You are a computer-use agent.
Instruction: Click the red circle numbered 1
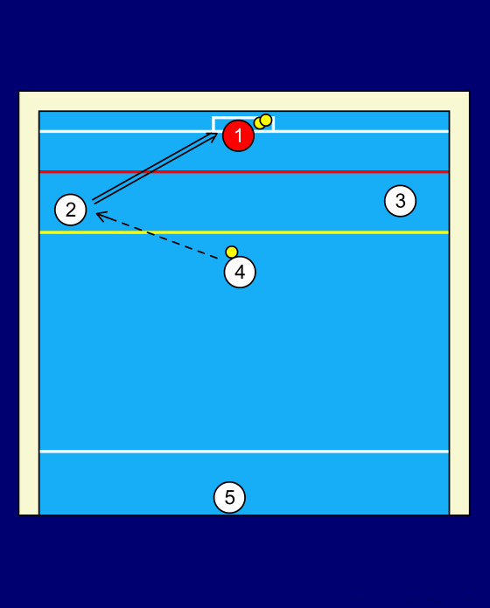point(238,135)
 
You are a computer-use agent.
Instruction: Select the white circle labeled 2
point(70,210)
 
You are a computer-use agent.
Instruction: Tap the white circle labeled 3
point(400,201)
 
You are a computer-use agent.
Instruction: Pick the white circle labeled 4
point(240,272)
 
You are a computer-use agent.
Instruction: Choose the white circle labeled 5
point(229,497)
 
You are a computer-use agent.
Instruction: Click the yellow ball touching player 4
point(231,252)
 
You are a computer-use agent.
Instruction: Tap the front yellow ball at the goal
point(266,120)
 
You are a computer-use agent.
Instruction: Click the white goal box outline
point(213,123)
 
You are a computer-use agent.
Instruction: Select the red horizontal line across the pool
point(244,171)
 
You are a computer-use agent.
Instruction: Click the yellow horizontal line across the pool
point(244,232)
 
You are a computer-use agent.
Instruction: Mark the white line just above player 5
point(244,452)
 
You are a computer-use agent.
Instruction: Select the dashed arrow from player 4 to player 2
point(157,235)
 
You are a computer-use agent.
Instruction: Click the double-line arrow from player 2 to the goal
point(155,168)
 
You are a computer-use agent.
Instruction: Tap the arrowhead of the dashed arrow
point(100,216)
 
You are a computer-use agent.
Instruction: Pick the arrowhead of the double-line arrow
point(213,135)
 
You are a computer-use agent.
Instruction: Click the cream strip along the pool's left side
point(29,303)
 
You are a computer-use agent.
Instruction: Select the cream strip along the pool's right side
point(459,303)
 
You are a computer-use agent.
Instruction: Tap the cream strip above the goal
point(244,101)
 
